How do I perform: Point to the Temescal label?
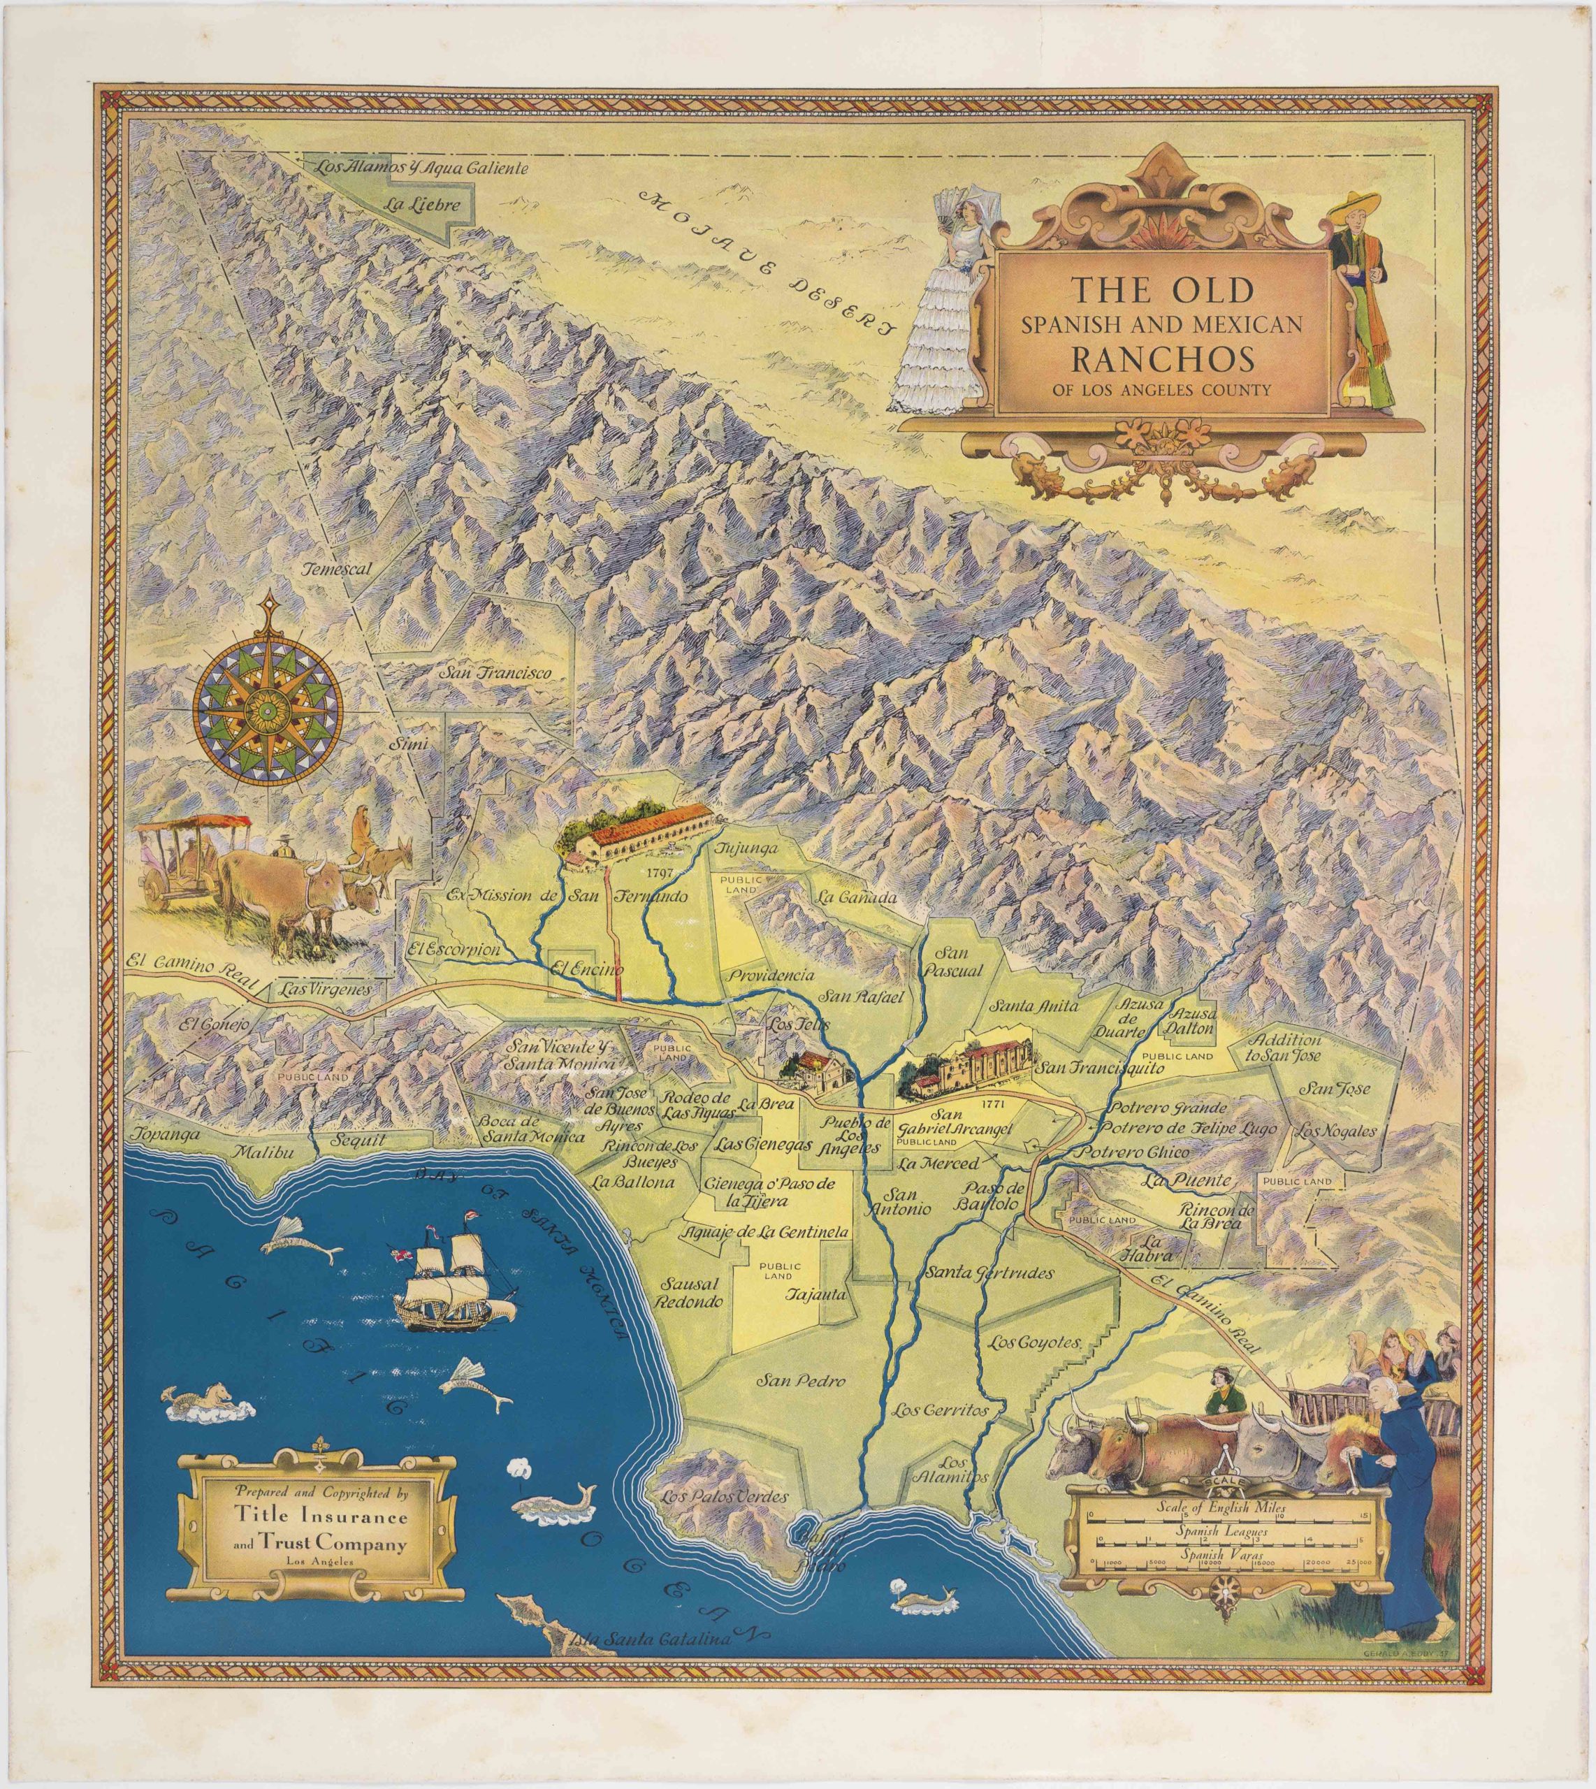(338, 568)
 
